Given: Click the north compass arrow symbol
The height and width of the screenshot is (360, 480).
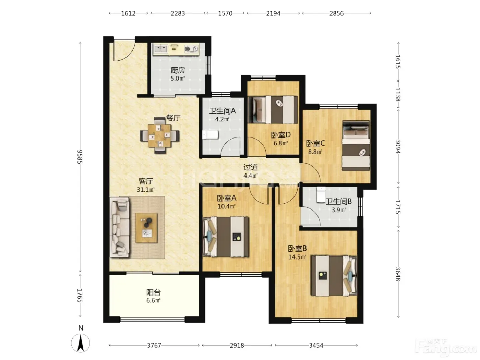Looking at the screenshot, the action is click(81, 343).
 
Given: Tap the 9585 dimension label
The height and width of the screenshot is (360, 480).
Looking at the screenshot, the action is click(80, 156).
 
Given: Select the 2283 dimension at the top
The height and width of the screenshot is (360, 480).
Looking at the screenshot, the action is click(178, 13).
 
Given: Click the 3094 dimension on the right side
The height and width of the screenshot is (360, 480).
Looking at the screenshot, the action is click(398, 146).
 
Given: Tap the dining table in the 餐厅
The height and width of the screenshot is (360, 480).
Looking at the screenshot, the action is click(160, 135).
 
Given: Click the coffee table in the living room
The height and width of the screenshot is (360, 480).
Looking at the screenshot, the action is click(146, 228).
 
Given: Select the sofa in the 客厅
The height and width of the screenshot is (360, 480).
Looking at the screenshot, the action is click(120, 227).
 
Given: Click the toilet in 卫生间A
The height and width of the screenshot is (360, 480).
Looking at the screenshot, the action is click(211, 135).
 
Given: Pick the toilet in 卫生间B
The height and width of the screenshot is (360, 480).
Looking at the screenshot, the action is click(321, 194).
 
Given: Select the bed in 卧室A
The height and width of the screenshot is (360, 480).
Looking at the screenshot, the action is click(226, 237).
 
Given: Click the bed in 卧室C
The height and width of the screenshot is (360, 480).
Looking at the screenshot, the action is click(356, 145).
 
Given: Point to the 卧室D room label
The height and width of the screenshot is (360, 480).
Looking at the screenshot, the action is click(281, 135).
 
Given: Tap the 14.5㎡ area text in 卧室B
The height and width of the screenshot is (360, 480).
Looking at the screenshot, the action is click(297, 257).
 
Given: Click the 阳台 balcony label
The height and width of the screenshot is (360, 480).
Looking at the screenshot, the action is click(154, 292).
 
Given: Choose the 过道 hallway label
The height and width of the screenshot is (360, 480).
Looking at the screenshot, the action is click(251, 167).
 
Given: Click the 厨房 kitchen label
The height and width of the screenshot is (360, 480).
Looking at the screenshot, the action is click(178, 70).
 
